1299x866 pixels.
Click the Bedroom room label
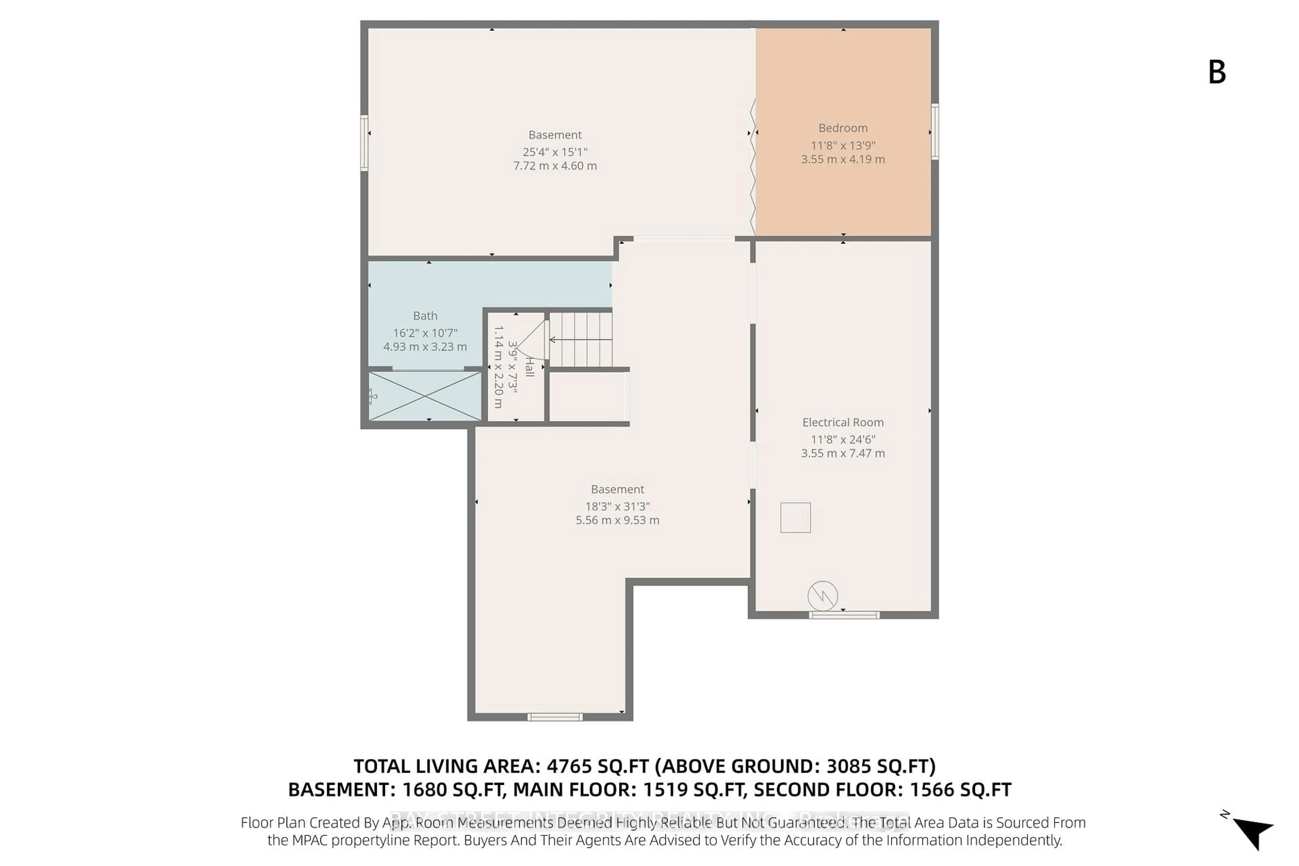843,128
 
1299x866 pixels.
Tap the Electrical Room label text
843,423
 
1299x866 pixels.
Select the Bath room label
425,316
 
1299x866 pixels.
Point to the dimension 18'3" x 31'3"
617,506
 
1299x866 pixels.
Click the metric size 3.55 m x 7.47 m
843,453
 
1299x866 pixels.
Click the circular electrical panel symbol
822,596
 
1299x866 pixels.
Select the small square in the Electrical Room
795,518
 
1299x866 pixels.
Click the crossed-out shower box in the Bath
425,396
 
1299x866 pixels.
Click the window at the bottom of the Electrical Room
844,615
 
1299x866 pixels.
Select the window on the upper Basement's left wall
365,142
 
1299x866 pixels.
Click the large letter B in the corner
1217,72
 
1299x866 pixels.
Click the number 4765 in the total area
569,767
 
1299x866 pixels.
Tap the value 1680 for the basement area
424,790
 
